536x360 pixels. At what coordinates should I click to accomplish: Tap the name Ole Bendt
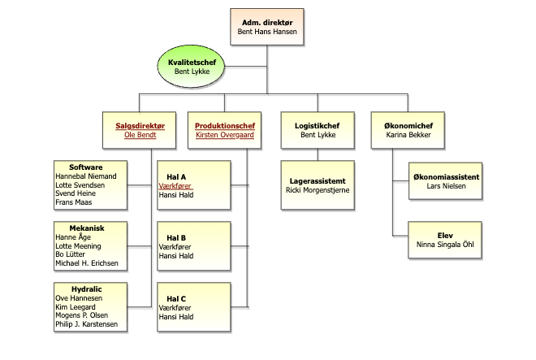click(139, 136)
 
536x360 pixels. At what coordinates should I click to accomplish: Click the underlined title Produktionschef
click(225, 125)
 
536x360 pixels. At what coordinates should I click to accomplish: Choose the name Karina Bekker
click(407, 136)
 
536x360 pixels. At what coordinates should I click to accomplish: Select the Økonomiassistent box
click(446, 181)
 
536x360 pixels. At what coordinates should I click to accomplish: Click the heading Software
click(85, 167)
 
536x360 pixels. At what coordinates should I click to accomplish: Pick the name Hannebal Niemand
click(85, 176)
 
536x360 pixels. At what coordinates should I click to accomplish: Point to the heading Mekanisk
click(86, 228)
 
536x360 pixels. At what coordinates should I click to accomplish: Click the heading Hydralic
click(86, 288)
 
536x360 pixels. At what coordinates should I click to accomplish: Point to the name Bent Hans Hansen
click(266, 33)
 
